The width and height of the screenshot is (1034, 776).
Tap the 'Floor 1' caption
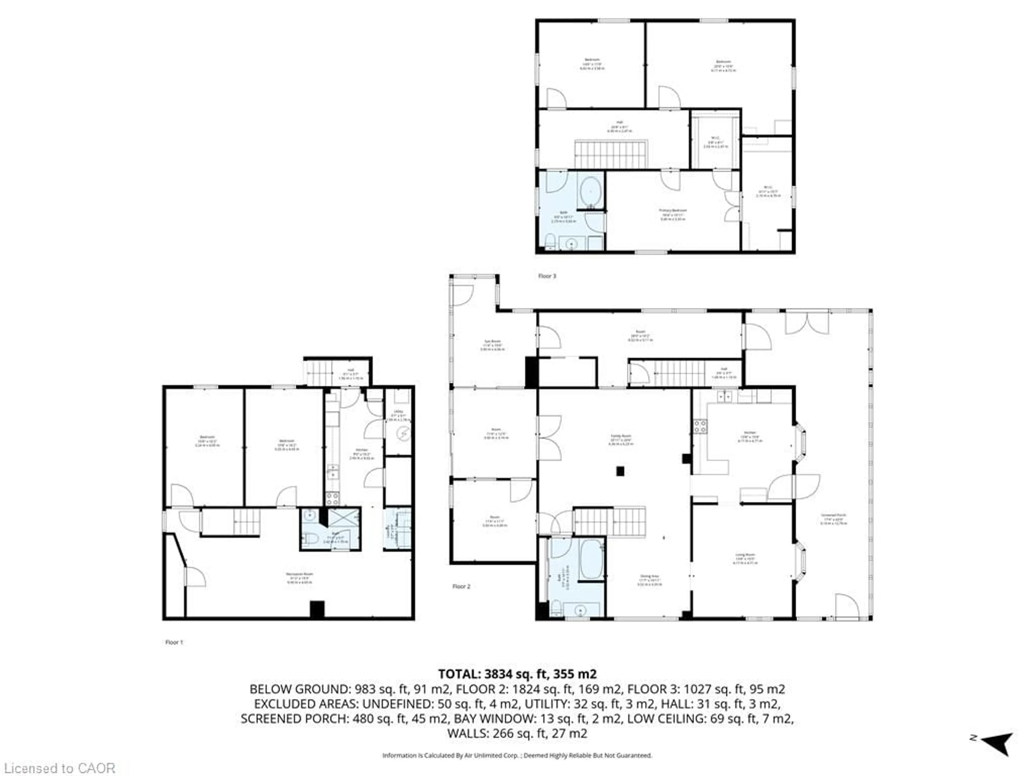174,642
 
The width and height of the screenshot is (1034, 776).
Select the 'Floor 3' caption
547,276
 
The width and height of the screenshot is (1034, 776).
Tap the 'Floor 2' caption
461,586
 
